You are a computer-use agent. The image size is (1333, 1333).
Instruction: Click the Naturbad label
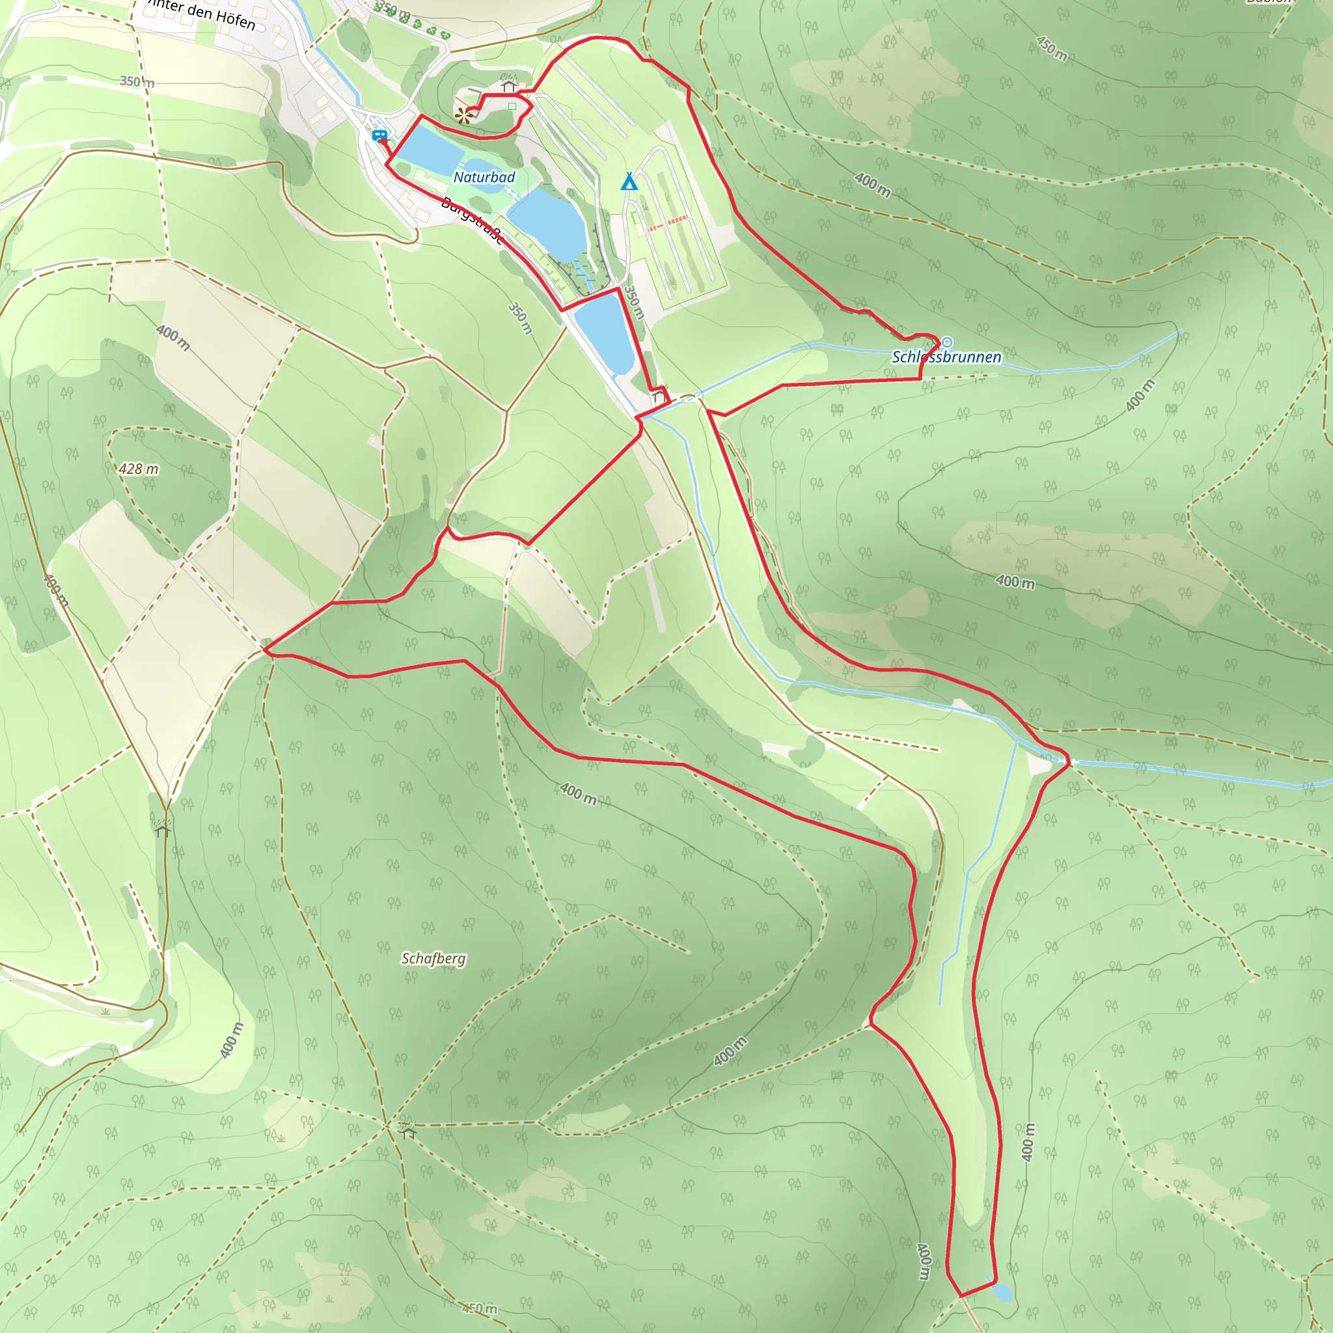tap(484, 177)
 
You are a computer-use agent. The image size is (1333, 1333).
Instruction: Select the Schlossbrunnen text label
tap(946, 357)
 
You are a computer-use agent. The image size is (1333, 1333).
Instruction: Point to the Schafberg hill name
tap(433, 958)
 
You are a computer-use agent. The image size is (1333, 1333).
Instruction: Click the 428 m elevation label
tap(138, 469)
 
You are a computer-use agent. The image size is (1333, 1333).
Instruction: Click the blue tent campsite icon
tap(629, 182)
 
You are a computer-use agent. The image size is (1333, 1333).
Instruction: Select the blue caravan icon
tap(378, 136)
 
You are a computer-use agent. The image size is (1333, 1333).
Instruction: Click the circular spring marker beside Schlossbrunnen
tap(947, 342)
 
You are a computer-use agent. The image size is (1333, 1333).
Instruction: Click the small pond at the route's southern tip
tap(1002, 1291)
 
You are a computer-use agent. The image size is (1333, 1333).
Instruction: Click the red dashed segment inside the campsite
tap(668, 223)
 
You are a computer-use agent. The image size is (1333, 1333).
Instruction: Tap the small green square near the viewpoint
tap(512, 106)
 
